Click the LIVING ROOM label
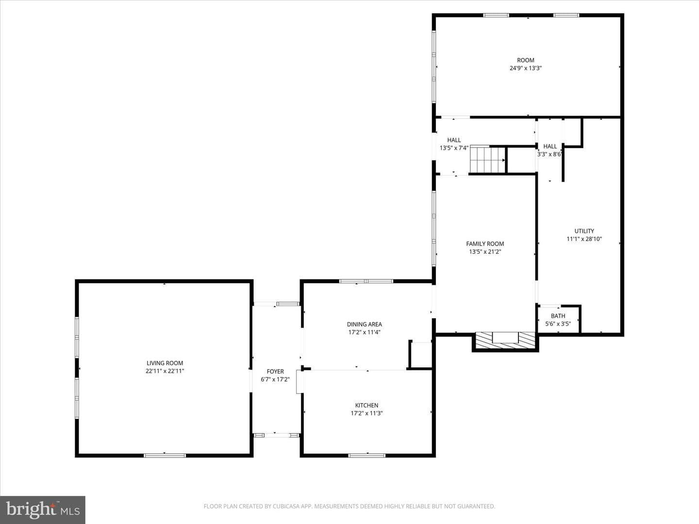click(165, 363)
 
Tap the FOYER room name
click(275, 371)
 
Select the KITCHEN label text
click(366, 405)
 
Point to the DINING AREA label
click(365, 324)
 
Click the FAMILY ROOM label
click(485, 244)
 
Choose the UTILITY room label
click(584, 231)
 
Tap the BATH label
click(558, 316)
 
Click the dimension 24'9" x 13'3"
click(525, 68)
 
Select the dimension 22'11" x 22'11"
click(165, 371)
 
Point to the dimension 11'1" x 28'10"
click(584, 239)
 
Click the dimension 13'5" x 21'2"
click(485, 252)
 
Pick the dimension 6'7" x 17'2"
click(275, 379)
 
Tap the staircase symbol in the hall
click(488, 160)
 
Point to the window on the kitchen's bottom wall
click(367, 456)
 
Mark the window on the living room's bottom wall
click(165, 456)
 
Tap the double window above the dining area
click(366, 281)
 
